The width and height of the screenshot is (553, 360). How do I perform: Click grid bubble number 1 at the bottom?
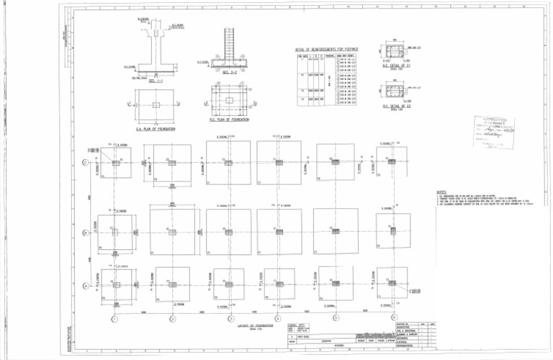click(114, 319)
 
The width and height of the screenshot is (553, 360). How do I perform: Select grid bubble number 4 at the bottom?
click(278, 319)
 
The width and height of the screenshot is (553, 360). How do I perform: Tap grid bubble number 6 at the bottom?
click(393, 318)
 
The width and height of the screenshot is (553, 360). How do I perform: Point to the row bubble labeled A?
click(86, 286)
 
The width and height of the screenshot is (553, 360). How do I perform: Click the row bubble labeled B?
click(86, 233)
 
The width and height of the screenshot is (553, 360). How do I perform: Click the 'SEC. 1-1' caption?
click(156, 82)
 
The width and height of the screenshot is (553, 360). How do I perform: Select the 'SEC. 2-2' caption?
click(230, 73)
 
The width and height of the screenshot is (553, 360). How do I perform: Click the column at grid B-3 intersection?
click(228, 233)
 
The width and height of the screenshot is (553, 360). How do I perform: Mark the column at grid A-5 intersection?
click(336, 286)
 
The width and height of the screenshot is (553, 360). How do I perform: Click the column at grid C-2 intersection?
click(172, 163)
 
